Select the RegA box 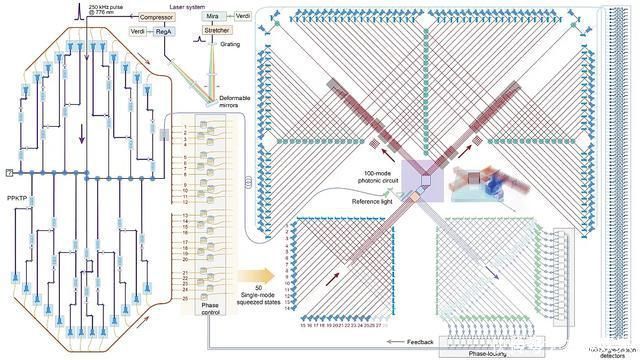tap(165, 33)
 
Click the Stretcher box tap(217, 31)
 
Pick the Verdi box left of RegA tap(138, 33)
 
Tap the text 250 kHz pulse tap(106, 6)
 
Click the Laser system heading tap(195, 6)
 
